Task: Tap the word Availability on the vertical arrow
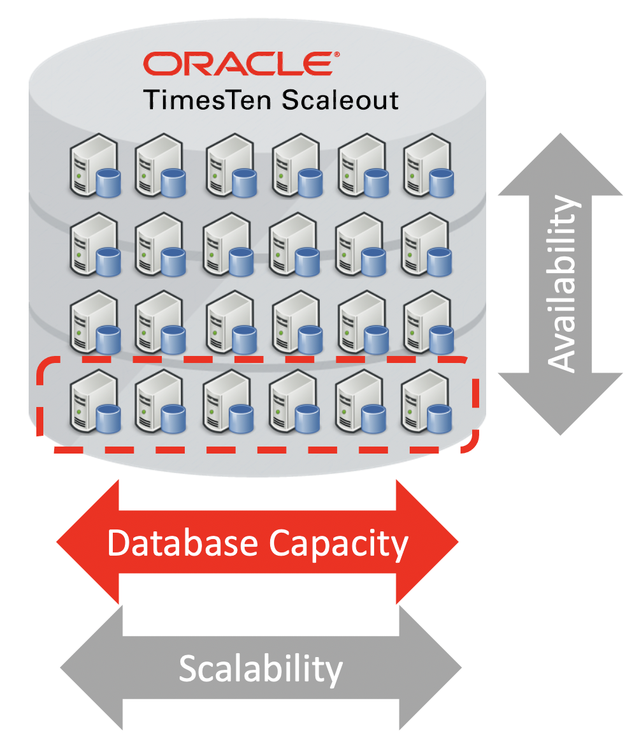tap(562, 284)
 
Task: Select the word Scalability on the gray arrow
tap(261, 669)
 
